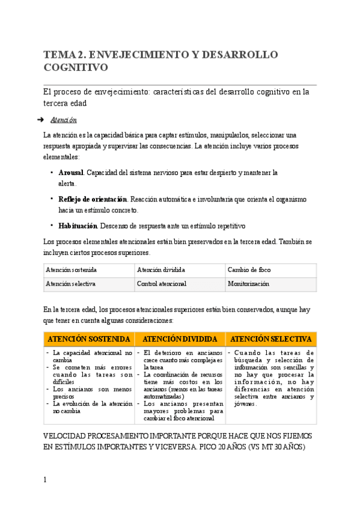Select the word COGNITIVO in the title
tap(75, 68)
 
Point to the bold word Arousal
tap(72, 173)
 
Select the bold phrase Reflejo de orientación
tap(93, 199)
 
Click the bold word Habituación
tap(78, 226)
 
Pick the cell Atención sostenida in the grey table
tap(72, 271)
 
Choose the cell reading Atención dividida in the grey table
tap(161, 271)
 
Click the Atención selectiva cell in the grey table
tap(71, 283)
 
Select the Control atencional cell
tap(162, 283)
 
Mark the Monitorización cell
tap(248, 283)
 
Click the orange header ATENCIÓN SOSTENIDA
tap(89, 339)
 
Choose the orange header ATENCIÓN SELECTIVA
tap(271, 339)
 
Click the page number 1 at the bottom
tap(45, 479)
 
